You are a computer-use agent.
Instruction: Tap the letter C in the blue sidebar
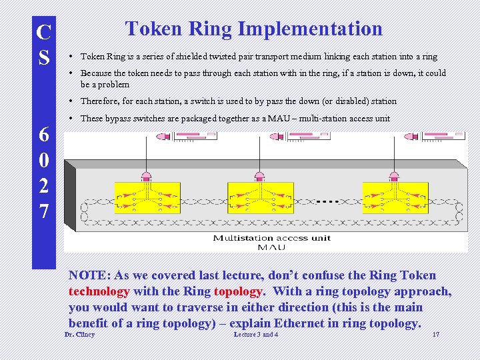(44, 32)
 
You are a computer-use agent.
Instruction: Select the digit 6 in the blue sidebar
(44, 135)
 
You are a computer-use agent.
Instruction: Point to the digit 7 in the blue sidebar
(44, 212)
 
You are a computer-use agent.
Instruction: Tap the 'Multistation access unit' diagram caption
(271, 238)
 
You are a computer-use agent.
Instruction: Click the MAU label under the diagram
(271, 247)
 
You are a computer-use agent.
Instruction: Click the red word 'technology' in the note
(99, 291)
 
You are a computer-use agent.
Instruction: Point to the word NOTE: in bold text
(90, 275)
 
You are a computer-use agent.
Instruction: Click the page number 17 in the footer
(436, 334)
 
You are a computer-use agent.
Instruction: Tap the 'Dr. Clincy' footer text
(79, 334)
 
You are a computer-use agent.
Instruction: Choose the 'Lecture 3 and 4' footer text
(256, 334)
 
